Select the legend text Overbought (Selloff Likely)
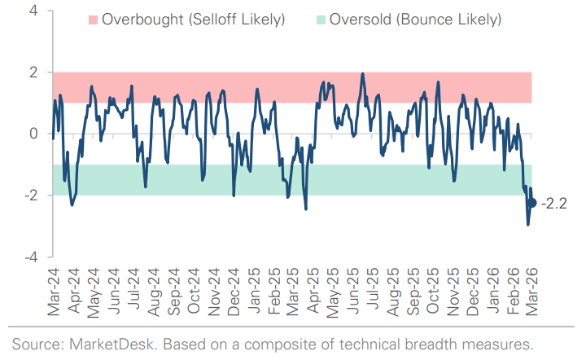(x=194, y=19)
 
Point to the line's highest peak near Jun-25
(x=362, y=74)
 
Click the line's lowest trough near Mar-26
(x=528, y=224)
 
